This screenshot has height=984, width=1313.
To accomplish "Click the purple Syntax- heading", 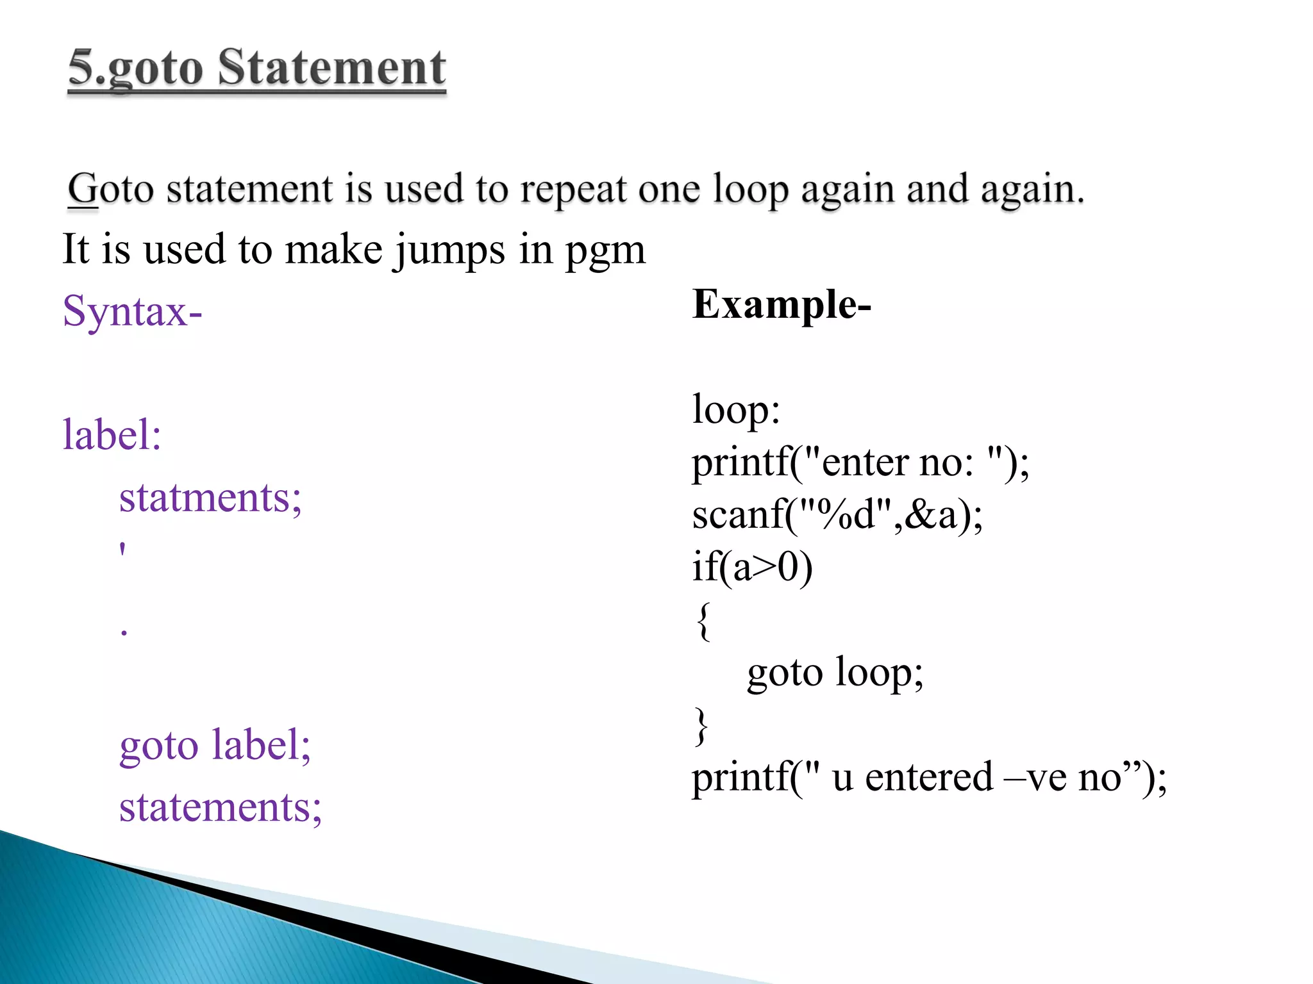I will [132, 311].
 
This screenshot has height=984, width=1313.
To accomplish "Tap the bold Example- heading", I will [782, 304].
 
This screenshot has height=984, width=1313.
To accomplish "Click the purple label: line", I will [112, 435].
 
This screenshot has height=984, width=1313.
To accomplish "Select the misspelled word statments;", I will [210, 498].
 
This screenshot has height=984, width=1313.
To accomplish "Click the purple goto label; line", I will [215, 746].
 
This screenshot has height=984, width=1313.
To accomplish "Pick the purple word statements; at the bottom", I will [220, 807].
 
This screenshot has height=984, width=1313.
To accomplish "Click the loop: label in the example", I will [736, 410].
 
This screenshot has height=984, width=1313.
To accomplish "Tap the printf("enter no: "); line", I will [860, 463].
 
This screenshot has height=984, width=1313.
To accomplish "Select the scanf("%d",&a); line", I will [837, 515].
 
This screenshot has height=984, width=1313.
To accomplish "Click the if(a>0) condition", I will [752, 568].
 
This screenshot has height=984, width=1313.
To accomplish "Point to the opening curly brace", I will [703, 621].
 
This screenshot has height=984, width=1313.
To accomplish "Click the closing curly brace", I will [702, 726].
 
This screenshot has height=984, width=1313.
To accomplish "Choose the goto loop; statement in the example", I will [835, 673].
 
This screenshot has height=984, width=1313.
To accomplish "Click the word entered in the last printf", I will [929, 778].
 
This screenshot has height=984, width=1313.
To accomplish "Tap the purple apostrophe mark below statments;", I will [122, 550].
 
